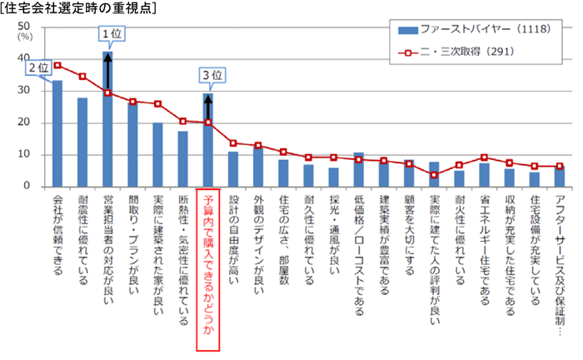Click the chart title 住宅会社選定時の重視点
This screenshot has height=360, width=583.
pyautogui.click(x=81, y=7)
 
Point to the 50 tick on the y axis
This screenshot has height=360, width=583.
pyautogui.click(x=25, y=27)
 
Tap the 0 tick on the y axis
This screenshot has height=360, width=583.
pyautogui.click(x=28, y=187)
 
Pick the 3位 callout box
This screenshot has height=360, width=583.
pyautogui.click(x=212, y=76)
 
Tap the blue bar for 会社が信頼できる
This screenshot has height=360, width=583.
pyautogui.click(x=57, y=133)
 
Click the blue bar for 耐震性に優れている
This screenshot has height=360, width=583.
pyautogui.click(x=82, y=142)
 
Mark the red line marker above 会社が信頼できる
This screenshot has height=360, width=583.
pyautogui.click(x=57, y=65)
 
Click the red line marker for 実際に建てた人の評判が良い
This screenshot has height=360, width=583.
pyautogui.click(x=434, y=175)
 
